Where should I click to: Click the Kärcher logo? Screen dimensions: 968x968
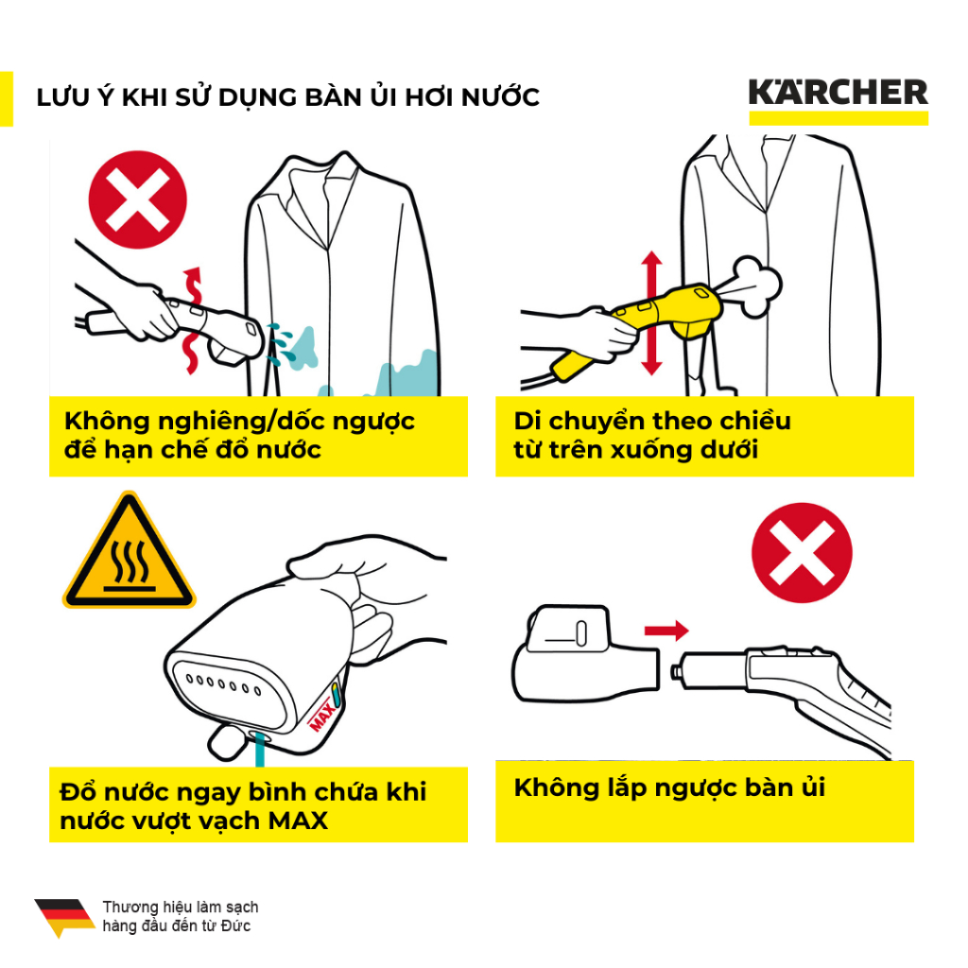[838, 100]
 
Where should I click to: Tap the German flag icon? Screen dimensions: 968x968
[64, 917]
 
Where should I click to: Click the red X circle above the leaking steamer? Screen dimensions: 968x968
[138, 199]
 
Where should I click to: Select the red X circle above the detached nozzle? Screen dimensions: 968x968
[802, 552]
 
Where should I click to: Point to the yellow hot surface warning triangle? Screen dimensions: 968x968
[129, 551]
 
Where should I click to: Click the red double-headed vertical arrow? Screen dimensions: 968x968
[651, 313]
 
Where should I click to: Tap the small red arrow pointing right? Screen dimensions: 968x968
[666, 631]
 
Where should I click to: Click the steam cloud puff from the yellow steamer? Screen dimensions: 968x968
[754, 285]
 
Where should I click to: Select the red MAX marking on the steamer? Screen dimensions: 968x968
[322, 715]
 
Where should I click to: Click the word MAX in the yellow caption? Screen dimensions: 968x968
[298, 821]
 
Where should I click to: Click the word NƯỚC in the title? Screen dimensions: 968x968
[501, 97]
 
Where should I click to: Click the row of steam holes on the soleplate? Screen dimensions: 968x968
[223, 684]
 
